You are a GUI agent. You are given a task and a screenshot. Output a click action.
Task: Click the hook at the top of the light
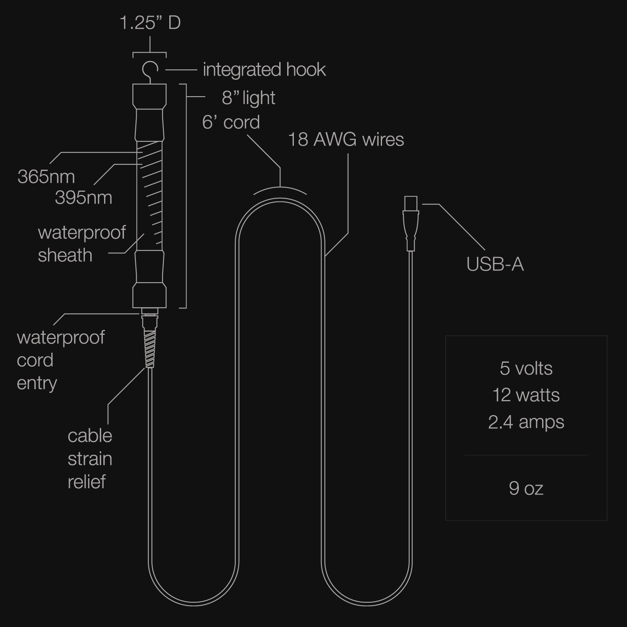(x=150, y=70)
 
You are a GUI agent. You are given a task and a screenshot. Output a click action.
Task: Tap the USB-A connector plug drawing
(x=410, y=224)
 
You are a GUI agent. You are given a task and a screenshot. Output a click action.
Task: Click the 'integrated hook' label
(x=264, y=69)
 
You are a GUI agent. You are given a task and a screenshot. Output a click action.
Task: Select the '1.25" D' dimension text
(x=150, y=23)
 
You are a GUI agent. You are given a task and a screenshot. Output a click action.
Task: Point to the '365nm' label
(x=46, y=177)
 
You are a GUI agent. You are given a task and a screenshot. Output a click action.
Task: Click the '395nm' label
(x=84, y=198)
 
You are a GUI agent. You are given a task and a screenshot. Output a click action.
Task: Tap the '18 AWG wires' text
(x=346, y=139)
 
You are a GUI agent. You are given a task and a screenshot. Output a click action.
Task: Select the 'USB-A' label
(x=495, y=264)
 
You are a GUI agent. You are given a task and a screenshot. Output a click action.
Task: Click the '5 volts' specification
(x=526, y=368)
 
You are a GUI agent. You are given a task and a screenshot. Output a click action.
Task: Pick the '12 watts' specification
(x=526, y=395)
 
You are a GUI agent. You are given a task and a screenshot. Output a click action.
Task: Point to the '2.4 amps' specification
(x=526, y=422)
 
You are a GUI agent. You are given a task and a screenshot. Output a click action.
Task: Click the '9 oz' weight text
(x=526, y=488)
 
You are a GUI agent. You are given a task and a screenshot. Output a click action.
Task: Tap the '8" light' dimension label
(x=248, y=98)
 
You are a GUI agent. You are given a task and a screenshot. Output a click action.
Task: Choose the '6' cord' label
(x=231, y=122)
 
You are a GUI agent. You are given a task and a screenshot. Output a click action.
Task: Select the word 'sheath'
(x=65, y=255)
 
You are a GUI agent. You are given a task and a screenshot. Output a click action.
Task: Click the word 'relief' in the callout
(x=87, y=482)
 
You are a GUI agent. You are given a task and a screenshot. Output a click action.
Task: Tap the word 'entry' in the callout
(x=37, y=383)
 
